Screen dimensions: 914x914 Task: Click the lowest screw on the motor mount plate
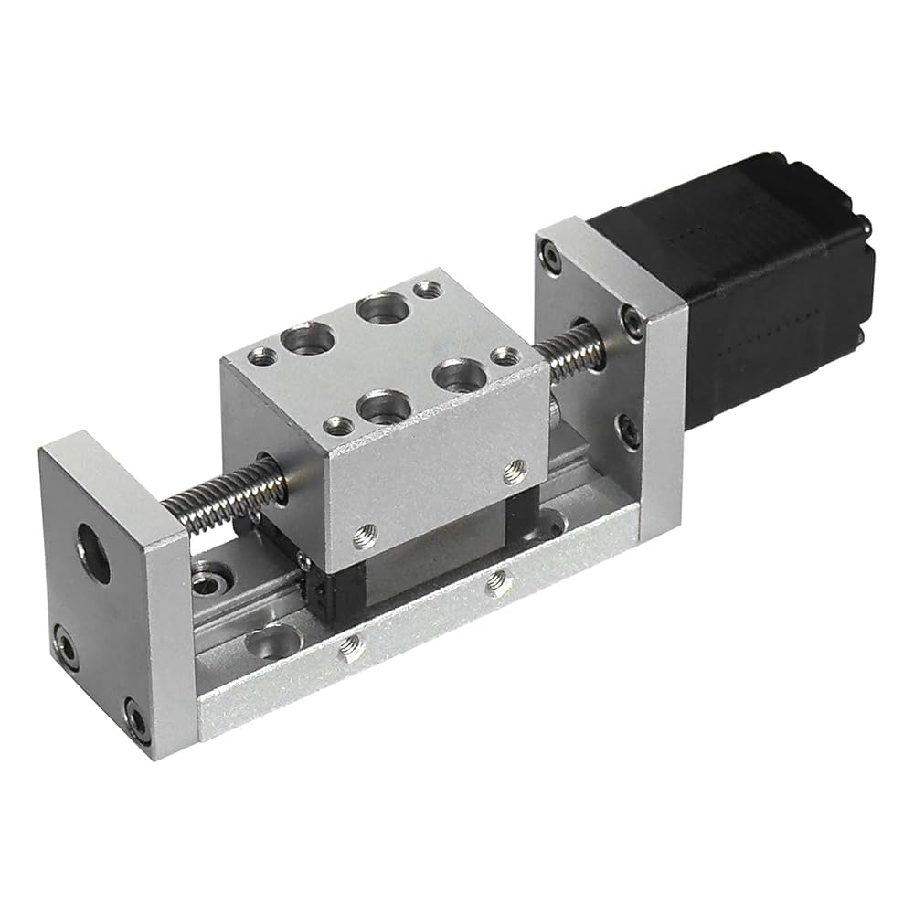click(629, 429)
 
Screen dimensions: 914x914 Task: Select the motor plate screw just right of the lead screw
click(632, 320)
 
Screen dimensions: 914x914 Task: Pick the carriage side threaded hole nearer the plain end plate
click(367, 529)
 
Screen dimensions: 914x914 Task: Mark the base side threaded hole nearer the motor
click(497, 580)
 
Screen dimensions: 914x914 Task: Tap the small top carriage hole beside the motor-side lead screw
click(500, 356)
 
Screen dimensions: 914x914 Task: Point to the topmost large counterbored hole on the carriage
click(382, 308)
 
